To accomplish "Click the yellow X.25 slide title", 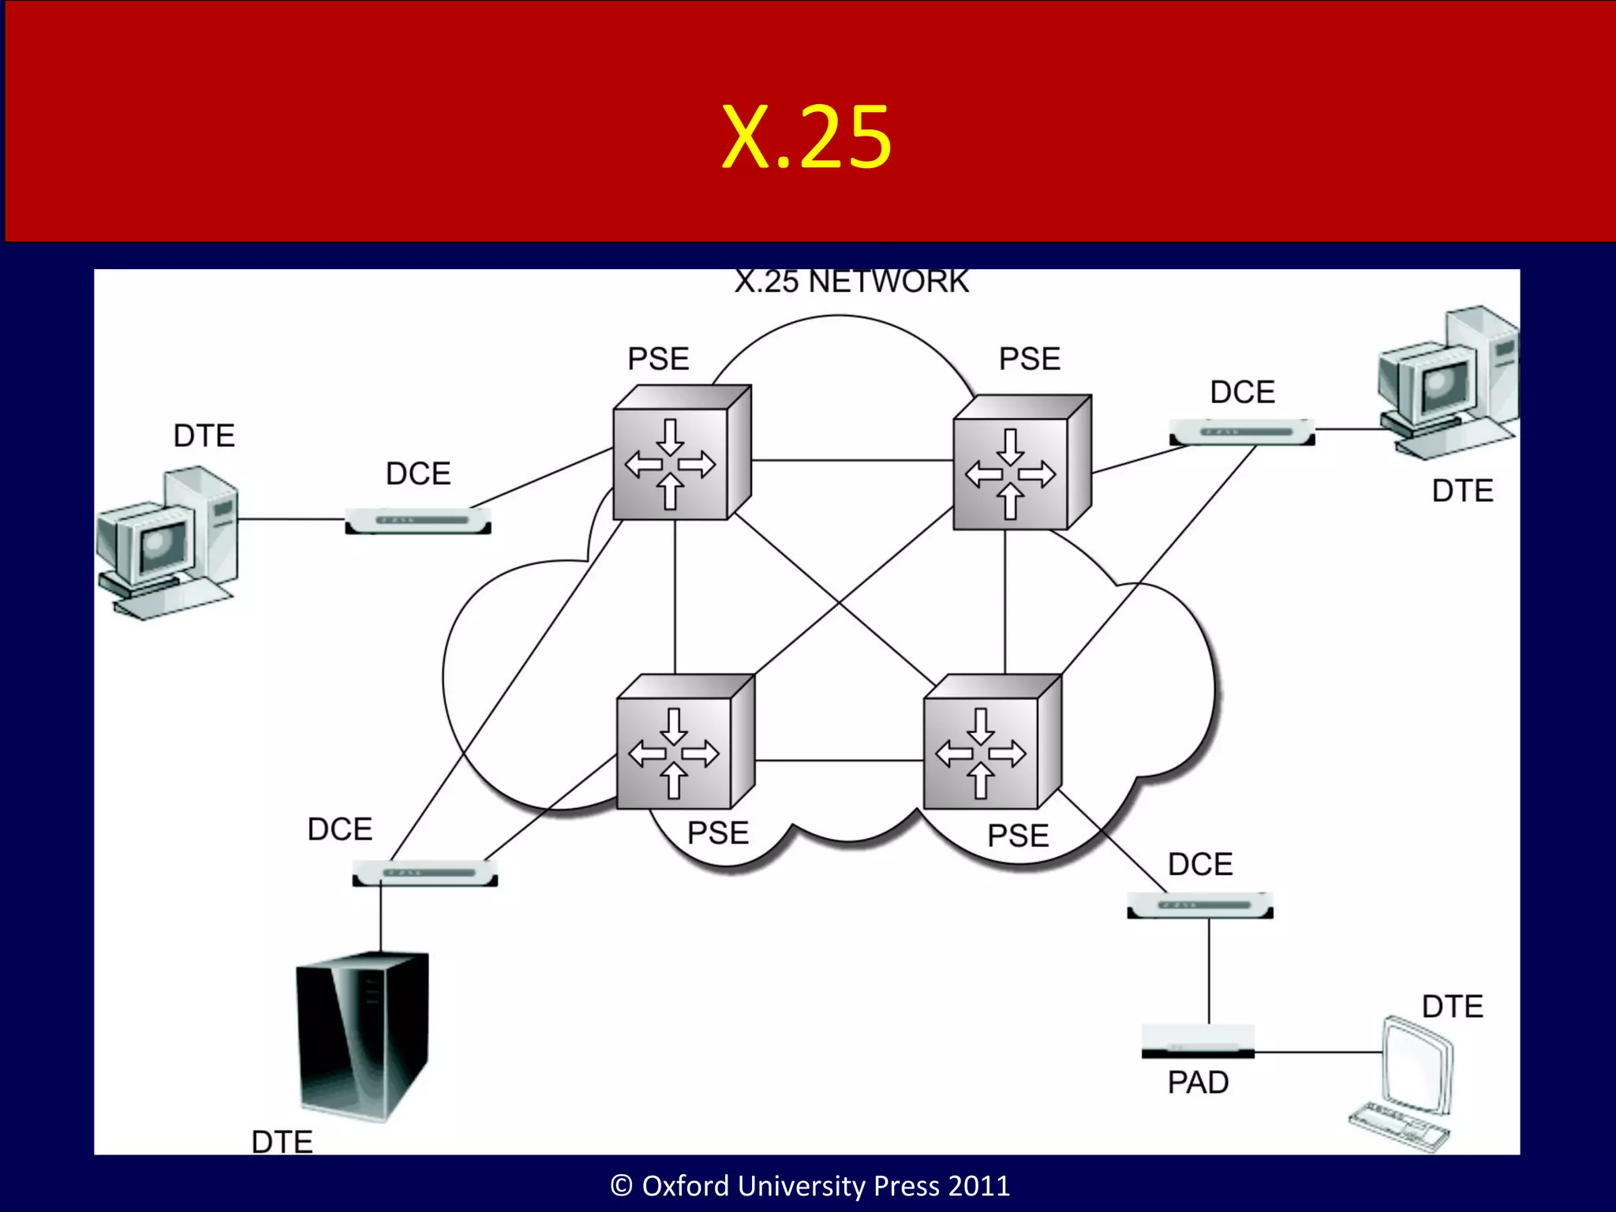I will (x=806, y=137).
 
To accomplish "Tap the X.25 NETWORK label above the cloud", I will (x=851, y=282).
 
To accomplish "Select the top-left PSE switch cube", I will (x=680, y=453).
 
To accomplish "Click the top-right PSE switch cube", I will (x=1021, y=463).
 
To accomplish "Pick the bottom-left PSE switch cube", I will (x=684, y=743).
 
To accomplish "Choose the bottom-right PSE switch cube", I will (x=991, y=743).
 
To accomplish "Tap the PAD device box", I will (x=1198, y=1042).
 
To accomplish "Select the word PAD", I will (x=1198, y=1083).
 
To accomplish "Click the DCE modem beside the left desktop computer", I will (x=418, y=522).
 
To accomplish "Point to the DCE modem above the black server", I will (x=425, y=874).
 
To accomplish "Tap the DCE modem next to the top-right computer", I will (x=1242, y=432).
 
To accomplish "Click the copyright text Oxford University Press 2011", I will (x=810, y=1186).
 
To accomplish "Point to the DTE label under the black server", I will (x=282, y=1142).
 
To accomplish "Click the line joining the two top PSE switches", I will (x=852, y=460).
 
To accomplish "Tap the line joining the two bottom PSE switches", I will (x=839, y=761).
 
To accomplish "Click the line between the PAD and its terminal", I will (x=1318, y=1053).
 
